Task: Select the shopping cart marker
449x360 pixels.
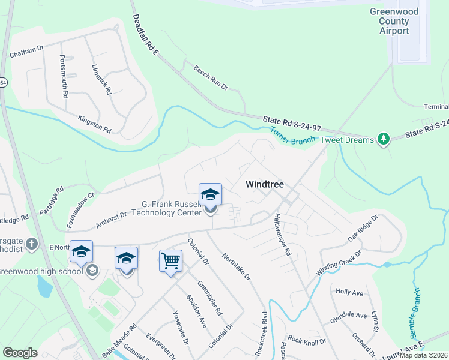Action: [x=171, y=262]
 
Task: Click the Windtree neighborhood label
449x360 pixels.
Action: [x=265, y=185]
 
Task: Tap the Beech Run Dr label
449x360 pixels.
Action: [x=211, y=78]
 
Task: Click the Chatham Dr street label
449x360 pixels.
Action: [x=27, y=52]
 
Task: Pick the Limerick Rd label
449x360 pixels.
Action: [x=101, y=80]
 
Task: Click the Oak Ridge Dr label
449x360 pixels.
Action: [x=364, y=229]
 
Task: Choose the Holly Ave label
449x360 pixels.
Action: [x=350, y=292]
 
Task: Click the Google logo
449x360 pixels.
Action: [x=20, y=353]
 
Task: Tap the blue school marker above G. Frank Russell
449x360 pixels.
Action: [x=210, y=194]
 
